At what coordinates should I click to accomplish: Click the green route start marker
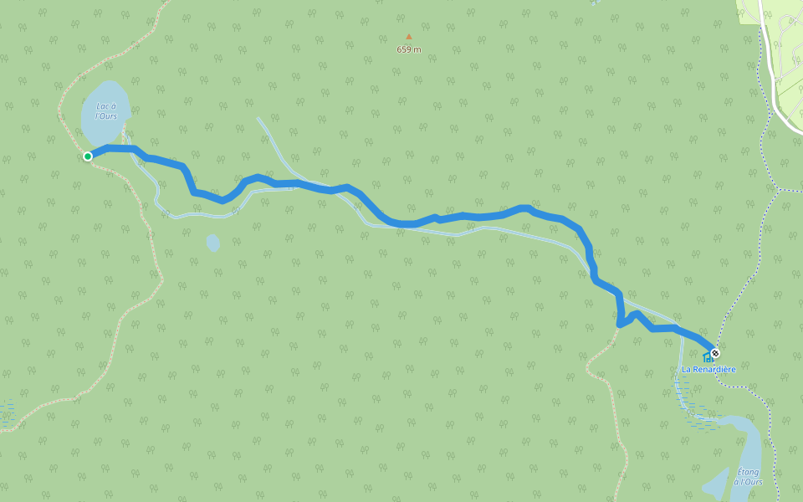pyautogui.click(x=88, y=156)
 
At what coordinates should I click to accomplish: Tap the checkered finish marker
pyautogui.click(x=714, y=353)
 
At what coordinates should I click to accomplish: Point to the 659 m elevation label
pyautogui.click(x=409, y=49)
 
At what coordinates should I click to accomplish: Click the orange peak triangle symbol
pyautogui.click(x=409, y=37)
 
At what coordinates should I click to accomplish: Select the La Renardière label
pyautogui.click(x=708, y=369)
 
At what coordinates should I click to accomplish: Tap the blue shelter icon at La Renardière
pyautogui.click(x=707, y=358)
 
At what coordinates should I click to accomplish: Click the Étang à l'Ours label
pyautogui.click(x=749, y=477)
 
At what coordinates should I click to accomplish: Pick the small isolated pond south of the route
pyautogui.click(x=212, y=243)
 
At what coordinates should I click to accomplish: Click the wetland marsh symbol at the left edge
pyautogui.click(x=7, y=414)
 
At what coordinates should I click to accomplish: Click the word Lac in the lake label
pyautogui.click(x=103, y=106)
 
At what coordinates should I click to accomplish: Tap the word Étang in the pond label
pyautogui.click(x=749, y=472)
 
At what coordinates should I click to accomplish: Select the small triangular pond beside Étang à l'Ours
pyautogui.click(x=718, y=484)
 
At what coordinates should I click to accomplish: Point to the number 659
pyautogui.click(x=404, y=49)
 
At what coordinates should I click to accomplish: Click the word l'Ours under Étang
pyautogui.click(x=751, y=482)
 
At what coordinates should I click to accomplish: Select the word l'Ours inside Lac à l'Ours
pyautogui.click(x=106, y=115)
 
